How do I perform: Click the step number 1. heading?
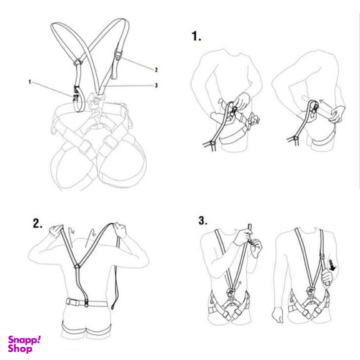click(x=196, y=36)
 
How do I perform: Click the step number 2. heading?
click(x=37, y=223)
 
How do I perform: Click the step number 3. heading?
click(x=203, y=221)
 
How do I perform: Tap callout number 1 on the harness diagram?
click(x=29, y=82)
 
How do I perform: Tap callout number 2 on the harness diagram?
click(x=156, y=70)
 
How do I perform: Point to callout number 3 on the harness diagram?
click(x=156, y=86)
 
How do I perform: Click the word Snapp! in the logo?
click(x=24, y=340)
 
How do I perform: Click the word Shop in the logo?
click(x=20, y=349)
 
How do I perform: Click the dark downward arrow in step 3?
click(x=332, y=265)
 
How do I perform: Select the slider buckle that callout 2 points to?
click(x=117, y=56)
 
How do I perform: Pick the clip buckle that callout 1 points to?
click(x=76, y=94)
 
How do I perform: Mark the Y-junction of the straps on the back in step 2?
click(x=77, y=266)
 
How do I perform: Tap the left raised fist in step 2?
click(x=56, y=230)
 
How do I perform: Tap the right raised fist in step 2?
click(x=120, y=230)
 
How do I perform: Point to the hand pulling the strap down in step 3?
click(x=326, y=277)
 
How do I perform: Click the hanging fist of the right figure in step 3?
click(x=277, y=315)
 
